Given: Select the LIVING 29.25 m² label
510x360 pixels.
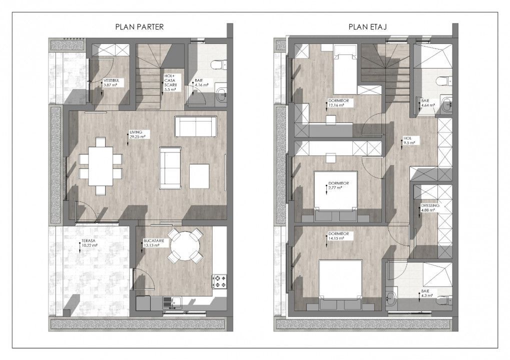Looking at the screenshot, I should click(x=137, y=134).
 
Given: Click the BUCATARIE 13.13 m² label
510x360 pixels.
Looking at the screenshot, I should click(x=155, y=243).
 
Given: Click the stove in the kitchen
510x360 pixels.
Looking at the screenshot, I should click(x=220, y=280).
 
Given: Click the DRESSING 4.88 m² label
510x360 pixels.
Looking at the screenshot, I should click(x=430, y=207).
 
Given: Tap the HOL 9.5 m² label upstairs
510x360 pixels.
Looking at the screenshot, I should click(x=410, y=140).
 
